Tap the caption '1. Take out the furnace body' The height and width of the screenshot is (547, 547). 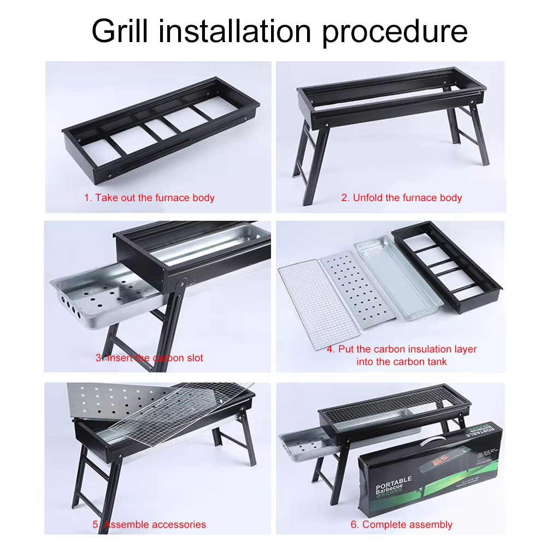149,198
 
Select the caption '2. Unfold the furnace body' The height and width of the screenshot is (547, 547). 402,198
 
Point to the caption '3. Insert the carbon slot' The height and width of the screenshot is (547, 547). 149,358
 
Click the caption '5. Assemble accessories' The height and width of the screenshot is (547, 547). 149,525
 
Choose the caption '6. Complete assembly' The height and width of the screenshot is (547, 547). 402,525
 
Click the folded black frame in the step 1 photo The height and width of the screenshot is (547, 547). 158,131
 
